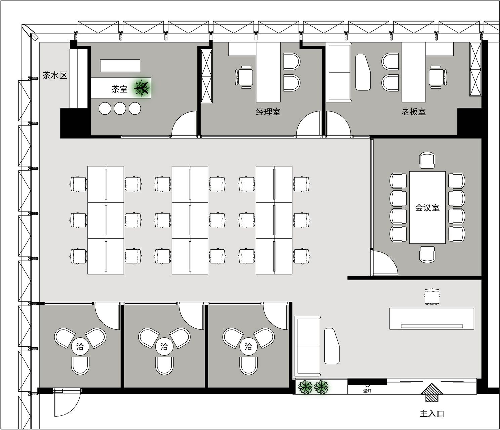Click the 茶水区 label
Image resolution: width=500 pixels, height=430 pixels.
click(55, 75)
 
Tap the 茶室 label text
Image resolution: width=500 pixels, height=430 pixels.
click(120, 89)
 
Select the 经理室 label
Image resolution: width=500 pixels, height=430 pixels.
click(268, 112)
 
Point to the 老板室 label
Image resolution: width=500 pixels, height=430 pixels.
click(414, 112)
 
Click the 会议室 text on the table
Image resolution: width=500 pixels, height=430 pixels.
click(427, 208)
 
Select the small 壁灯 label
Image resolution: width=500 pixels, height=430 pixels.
click(367, 391)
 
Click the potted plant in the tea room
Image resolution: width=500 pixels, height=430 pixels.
click(142, 88)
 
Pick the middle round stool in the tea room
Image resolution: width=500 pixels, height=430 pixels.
click(120, 109)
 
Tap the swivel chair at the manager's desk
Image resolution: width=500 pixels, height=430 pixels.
click(244, 77)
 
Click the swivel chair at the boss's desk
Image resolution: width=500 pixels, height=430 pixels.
click(437, 77)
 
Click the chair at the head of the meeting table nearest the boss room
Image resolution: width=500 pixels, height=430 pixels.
click(427, 160)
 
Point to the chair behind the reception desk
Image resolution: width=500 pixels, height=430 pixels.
click(432, 296)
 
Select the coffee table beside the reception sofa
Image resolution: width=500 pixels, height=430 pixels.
click(332, 346)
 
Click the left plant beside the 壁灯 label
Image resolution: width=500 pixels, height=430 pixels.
click(305, 387)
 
